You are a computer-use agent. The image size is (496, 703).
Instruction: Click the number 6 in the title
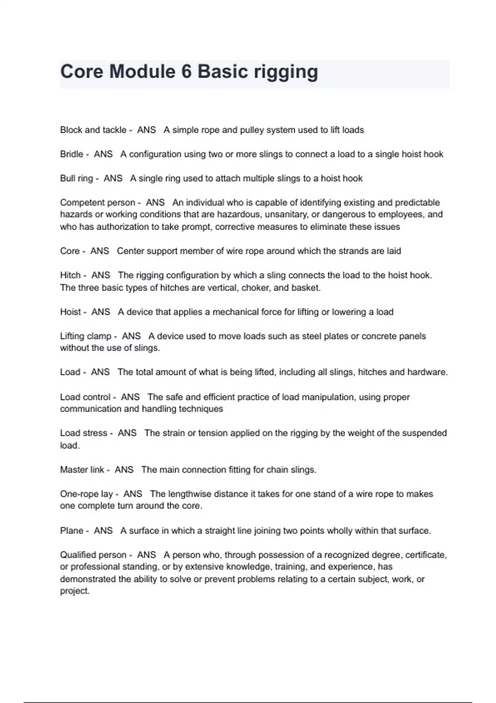(186, 72)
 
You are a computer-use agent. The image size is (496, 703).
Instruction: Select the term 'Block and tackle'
(93, 130)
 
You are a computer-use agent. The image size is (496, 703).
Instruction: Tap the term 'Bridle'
(72, 154)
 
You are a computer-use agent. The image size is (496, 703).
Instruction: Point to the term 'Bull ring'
(76, 179)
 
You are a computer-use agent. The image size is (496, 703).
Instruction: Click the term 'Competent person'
(98, 203)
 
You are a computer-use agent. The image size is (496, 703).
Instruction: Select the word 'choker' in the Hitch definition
(255, 288)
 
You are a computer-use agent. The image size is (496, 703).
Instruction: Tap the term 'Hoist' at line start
(70, 312)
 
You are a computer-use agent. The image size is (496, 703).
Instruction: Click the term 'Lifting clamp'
(86, 336)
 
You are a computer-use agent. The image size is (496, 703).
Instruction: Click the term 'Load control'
(85, 397)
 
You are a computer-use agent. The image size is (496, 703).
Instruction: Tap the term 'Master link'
(82, 470)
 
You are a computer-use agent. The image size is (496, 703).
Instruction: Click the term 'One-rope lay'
(86, 494)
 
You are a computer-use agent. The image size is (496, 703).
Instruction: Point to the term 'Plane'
(72, 531)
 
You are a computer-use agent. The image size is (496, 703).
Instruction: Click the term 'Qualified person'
(93, 555)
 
